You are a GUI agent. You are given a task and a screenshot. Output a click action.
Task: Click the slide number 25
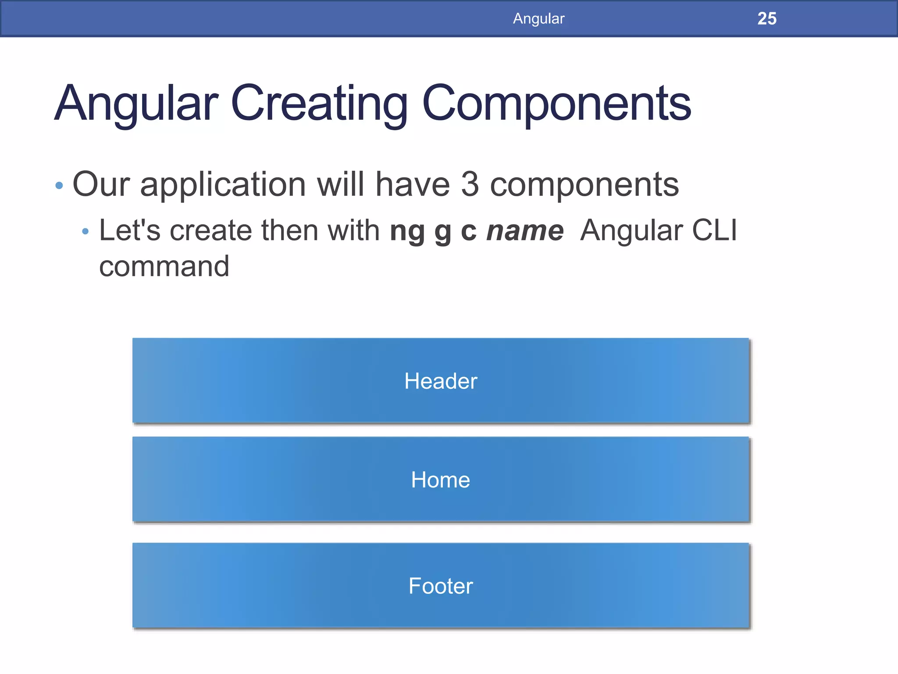(x=767, y=18)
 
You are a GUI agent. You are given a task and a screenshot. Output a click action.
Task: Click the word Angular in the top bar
(x=538, y=18)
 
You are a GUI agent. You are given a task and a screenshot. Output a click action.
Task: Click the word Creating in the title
(x=319, y=104)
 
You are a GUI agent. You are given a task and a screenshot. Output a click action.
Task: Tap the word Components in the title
(x=556, y=104)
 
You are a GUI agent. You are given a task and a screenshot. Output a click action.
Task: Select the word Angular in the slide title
(x=136, y=104)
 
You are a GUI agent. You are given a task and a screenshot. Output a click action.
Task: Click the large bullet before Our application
(x=60, y=186)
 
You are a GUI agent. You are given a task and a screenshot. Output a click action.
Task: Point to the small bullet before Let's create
(x=86, y=231)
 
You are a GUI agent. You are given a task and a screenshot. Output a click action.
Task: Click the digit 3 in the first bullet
(x=470, y=184)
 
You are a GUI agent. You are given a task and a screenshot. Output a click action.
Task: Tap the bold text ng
(x=407, y=231)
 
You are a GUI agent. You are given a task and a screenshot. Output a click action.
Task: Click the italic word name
(x=525, y=231)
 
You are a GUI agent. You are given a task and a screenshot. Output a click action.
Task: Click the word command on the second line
(x=164, y=266)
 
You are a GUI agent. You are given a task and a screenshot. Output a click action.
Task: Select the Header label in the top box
(x=440, y=381)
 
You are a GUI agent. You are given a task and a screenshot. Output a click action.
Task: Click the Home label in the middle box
(x=440, y=480)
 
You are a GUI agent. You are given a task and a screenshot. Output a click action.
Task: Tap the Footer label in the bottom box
(x=440, y=586)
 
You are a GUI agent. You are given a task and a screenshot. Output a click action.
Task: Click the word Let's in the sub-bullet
(x=130, y=230)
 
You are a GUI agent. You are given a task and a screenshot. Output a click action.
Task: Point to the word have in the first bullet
(x=413, y=184)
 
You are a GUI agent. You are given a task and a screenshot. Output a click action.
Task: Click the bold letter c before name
(x=469, y=231)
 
